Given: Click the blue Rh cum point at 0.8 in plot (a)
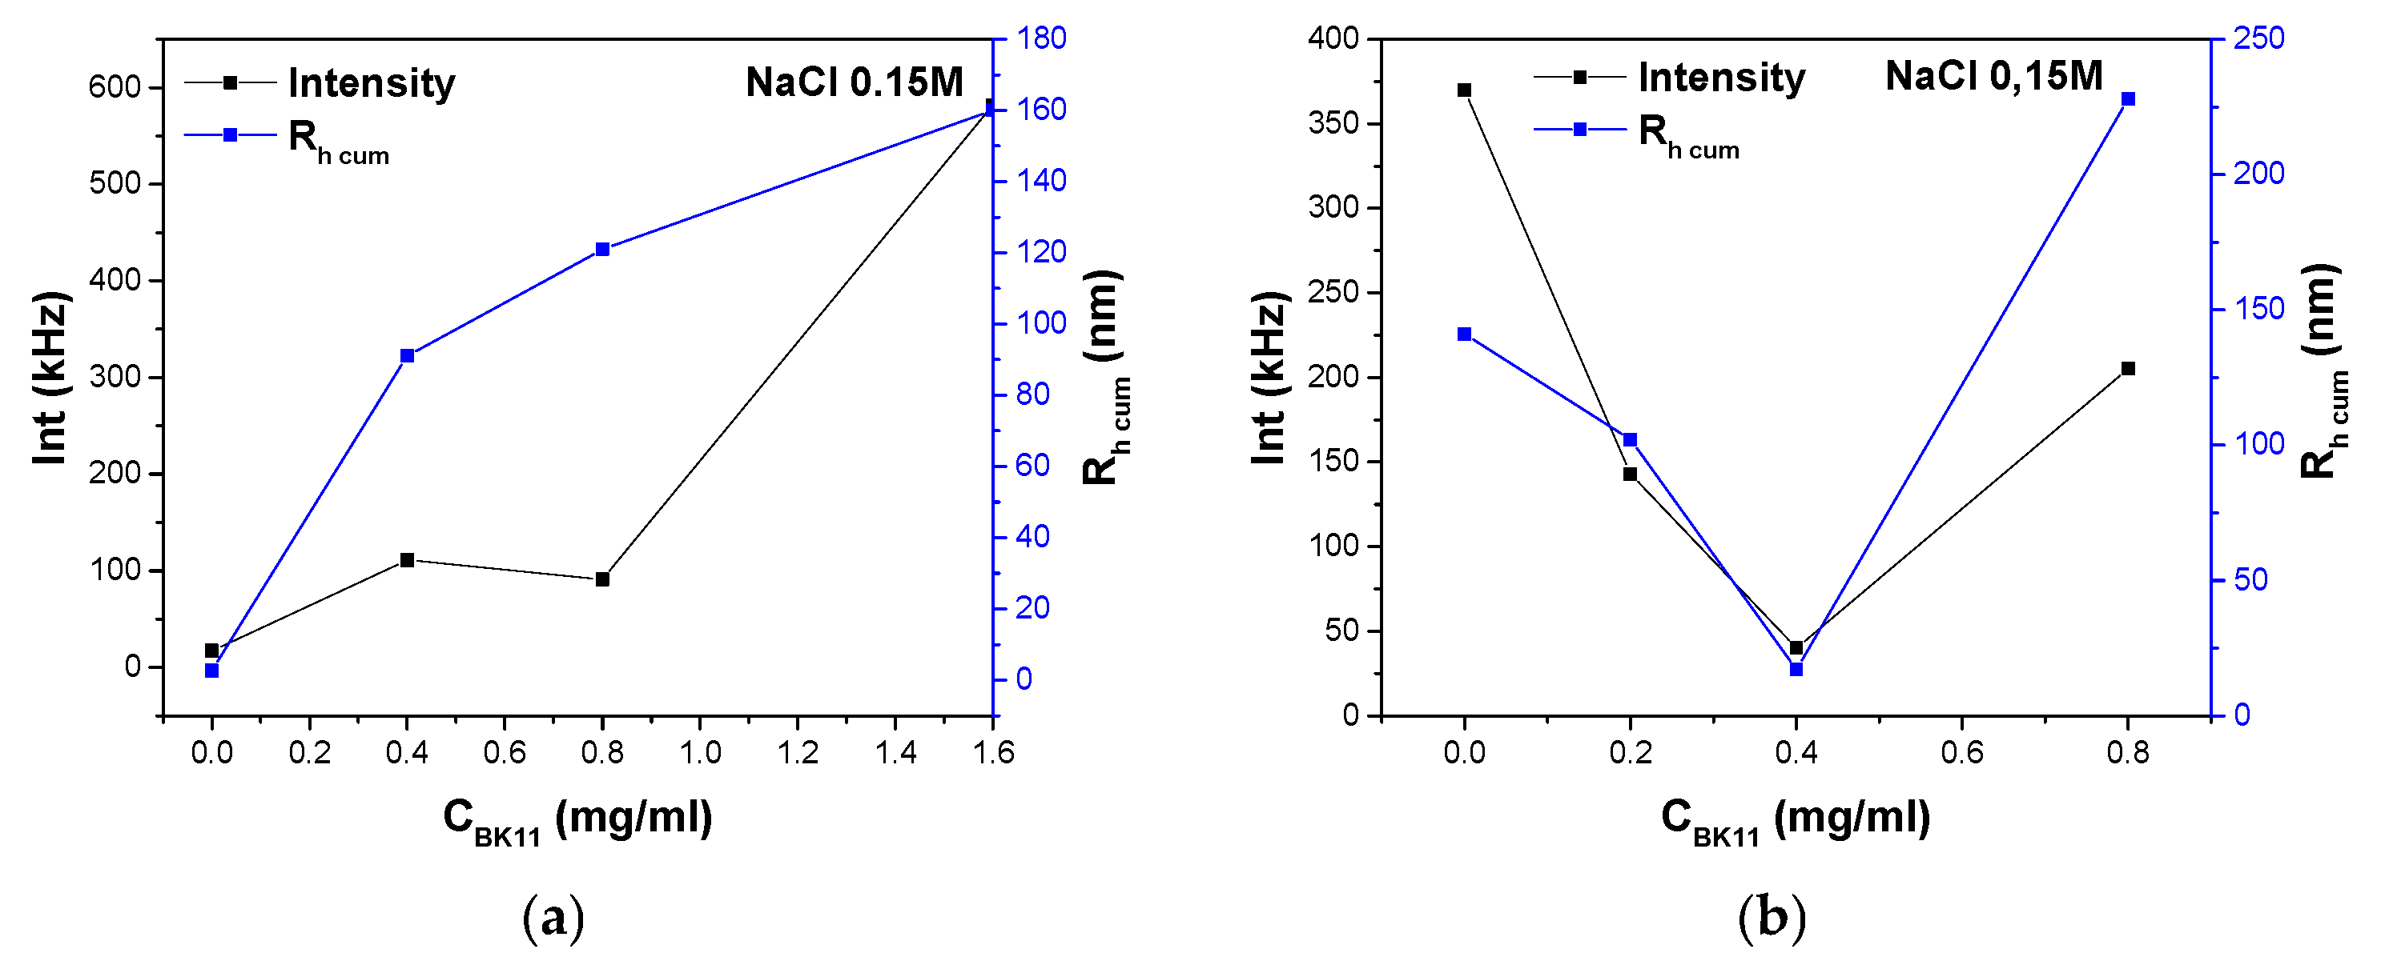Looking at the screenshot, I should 602,250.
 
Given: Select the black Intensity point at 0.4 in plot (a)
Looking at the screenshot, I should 407,560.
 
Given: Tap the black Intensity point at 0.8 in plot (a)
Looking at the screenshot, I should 602,579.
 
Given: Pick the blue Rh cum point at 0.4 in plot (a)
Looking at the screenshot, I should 407,355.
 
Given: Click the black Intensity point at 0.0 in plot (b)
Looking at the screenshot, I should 1464,90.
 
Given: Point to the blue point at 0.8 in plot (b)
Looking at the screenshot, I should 2128,99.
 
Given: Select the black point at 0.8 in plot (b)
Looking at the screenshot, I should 2128,369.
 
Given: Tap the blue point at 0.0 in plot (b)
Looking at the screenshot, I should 1464,334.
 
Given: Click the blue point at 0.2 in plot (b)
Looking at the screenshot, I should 1631,440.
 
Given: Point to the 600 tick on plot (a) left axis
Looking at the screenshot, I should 115,88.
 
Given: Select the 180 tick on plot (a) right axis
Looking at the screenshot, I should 1042,38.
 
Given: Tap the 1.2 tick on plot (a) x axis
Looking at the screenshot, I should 798,753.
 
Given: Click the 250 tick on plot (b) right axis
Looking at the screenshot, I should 2258,38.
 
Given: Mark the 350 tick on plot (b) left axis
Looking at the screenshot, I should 1333,123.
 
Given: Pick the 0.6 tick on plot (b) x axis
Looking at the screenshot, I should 1961,753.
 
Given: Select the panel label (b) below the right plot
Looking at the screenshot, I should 1772,919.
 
